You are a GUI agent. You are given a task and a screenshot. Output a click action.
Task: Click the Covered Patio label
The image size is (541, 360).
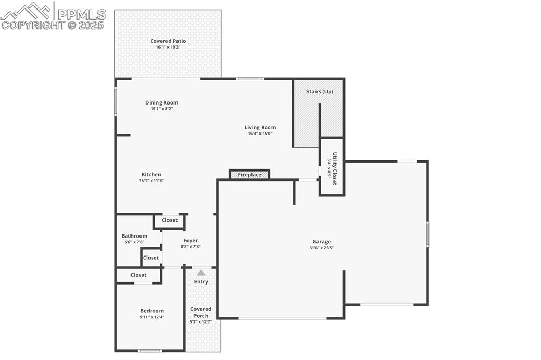(168, 41)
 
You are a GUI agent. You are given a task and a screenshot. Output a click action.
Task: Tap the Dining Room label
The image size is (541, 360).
(162, 102)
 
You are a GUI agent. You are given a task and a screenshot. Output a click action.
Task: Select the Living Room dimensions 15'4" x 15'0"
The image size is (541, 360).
(260, 134)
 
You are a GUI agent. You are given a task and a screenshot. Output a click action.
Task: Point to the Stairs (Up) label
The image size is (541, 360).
(320, 91)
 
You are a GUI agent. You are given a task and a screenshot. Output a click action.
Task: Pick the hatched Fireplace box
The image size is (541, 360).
(250, 175)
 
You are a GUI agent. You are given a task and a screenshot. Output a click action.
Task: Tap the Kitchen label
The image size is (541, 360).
(151, 174)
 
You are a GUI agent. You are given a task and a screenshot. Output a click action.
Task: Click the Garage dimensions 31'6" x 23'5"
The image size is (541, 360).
(321, 248)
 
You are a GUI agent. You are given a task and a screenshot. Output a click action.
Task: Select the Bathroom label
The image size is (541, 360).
(134, 236)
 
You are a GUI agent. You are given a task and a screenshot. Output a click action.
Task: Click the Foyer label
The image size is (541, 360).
(191, 240)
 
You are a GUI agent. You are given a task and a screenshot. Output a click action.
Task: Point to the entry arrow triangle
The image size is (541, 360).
(201, 272)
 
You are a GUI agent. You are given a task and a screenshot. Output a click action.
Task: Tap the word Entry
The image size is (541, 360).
(201, 281)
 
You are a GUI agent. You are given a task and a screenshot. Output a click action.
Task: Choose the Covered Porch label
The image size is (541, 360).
(201, 312)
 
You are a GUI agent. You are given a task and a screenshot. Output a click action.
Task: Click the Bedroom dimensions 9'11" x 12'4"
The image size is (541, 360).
(152, 317)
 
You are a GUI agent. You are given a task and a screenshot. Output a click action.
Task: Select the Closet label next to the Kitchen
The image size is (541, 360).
(170, 220)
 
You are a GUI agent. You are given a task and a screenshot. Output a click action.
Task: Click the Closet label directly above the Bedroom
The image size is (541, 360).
(138, 275)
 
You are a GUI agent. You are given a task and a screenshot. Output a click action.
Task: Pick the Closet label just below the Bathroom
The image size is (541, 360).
(151, 258)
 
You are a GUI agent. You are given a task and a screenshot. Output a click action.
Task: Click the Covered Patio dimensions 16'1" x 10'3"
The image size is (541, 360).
(168, 48)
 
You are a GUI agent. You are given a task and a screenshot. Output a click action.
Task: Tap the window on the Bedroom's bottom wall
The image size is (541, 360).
(150, 350)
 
